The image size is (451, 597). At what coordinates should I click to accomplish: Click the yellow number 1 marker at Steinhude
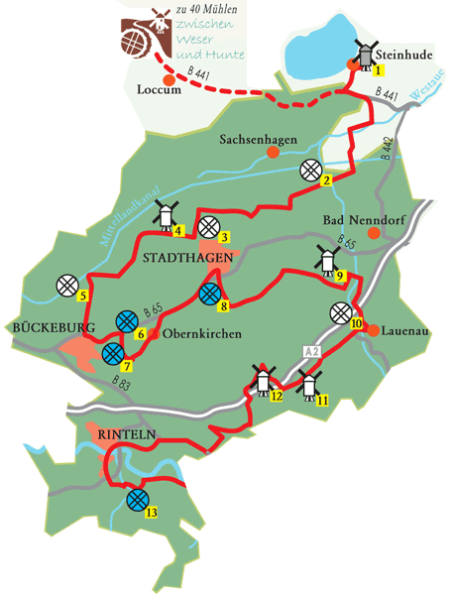click(377, 70)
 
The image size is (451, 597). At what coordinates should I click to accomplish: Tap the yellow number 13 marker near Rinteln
click(152, 513)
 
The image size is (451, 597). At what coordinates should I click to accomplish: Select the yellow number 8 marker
click(225, 305)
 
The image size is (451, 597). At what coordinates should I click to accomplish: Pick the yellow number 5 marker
click(83, 295)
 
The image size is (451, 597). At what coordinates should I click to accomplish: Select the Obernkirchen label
click(201, 335)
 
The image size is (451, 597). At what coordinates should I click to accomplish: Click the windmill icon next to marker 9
click(323, 258)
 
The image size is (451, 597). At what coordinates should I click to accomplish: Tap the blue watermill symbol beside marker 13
click(138, 499)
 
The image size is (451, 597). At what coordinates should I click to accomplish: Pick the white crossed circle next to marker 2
click(311, 169)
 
